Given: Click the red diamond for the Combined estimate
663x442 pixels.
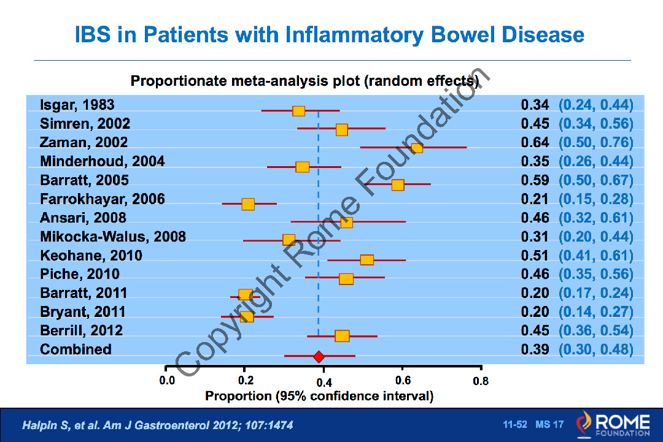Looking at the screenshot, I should click(x=319, y=357).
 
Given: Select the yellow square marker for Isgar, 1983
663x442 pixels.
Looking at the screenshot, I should click(x=299, y=111).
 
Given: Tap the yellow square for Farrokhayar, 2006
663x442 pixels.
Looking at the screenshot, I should click(x=248, y=204).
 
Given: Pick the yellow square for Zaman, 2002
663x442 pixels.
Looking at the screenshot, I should click(x=417, y=148).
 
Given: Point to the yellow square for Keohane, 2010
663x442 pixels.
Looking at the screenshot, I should click(x=367, y=260).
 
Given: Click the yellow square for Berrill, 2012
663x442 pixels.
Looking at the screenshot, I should click(x=342, y=336).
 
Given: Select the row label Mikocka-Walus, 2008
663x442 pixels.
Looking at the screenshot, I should click(x=113, y=237).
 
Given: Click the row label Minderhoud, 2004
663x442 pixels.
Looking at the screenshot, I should click(x=103, y=161).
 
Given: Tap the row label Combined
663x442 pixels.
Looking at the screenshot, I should click(x=76, y=349).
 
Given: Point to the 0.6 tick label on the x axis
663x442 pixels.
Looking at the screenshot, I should click(x=402, y=381).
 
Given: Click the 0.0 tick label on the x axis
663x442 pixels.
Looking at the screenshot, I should click(x=166, y=381).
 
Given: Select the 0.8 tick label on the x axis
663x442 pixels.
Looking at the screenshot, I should click(x=481, y=381).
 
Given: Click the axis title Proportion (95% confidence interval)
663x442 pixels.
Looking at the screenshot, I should click(x=319, y=396).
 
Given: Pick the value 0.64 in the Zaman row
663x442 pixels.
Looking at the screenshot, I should click(x=535, y=143).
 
